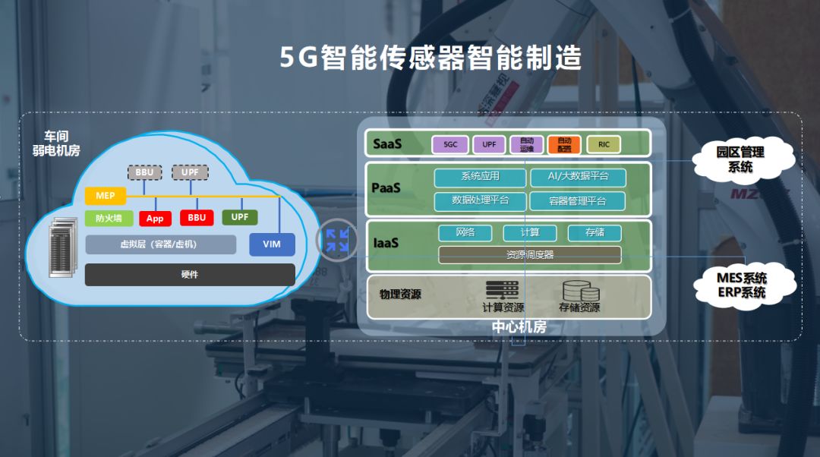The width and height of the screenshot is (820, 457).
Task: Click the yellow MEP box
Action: (x=106, y=196)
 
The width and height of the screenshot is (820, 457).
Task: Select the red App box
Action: (x=155, y=219)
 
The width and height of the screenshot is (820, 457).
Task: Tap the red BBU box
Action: (x=197, y=218)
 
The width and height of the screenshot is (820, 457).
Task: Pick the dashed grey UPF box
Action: (x=190, y=172)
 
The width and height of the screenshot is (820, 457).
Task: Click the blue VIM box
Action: (x=272, y=244)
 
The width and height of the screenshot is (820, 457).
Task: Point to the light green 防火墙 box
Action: (x=109, y=219)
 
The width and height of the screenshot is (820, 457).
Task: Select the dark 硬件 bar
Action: (x=190, y=274)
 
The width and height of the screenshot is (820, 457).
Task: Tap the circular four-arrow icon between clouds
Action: (x=336, y=240)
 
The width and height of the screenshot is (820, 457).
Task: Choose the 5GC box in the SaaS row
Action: (x=450, y=144)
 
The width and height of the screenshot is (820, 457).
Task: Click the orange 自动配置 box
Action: (x=564, y=144)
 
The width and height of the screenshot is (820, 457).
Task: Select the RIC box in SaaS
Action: (x=604, y=144)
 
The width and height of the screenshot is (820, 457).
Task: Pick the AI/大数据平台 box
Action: (x=578, y=177)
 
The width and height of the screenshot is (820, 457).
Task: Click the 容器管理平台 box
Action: (x=578, y=200)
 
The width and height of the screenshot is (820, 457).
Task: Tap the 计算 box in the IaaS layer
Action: (x=529, y=233)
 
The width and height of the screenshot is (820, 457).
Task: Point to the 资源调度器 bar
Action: (x=529, y=255)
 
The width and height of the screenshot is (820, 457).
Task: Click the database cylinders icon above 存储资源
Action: (x=579, y=291)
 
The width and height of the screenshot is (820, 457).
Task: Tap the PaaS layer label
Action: (x=386, y=187)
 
